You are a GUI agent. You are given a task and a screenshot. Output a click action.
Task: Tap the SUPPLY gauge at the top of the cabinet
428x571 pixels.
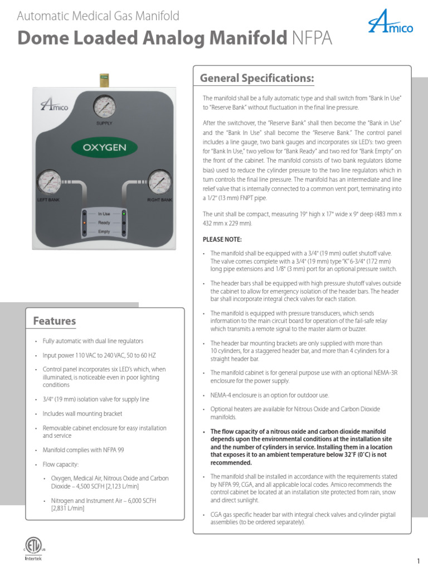[104, 106]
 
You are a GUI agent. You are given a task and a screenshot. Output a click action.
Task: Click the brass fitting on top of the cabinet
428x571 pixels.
[104, 79]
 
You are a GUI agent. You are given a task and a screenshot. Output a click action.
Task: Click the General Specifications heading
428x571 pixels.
[257, 77]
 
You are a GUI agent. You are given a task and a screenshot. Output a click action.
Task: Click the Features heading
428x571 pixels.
[55, 321]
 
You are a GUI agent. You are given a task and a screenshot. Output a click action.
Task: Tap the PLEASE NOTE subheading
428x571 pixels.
[222, 239]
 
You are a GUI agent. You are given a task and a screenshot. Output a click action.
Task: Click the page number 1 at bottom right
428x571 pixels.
[417, 560]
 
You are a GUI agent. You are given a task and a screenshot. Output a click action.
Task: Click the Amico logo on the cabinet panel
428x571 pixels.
[55, 105]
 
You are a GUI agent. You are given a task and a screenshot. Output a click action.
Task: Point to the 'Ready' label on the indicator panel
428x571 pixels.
[104, 222]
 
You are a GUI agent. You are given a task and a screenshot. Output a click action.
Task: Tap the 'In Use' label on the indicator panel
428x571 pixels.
[104, 214]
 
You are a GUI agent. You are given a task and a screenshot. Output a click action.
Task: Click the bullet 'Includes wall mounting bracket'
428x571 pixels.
[82, 414]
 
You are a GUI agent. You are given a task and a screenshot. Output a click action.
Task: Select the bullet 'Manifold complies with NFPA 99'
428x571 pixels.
[84, 449]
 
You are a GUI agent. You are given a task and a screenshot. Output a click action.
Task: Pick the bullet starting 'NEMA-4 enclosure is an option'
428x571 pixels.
[270, 395]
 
